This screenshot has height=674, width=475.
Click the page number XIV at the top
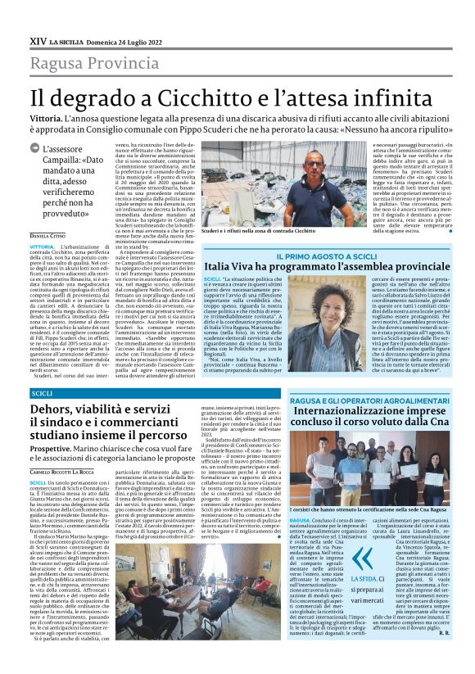coord(38,40)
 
